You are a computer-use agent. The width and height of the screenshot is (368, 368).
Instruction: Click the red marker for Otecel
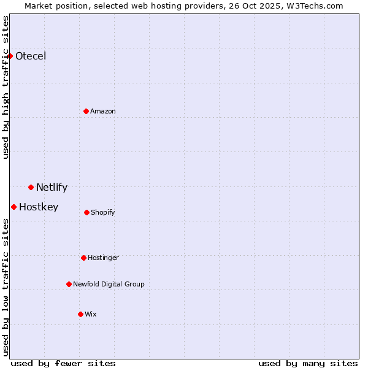pos(10,56)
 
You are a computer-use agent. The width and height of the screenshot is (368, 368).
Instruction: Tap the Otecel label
pos(31,56)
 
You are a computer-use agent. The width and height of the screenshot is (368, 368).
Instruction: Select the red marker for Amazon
pos(86,111)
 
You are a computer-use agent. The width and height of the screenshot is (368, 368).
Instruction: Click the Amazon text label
pos(103,111)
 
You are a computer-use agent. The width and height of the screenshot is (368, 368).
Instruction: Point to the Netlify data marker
pos(31,187)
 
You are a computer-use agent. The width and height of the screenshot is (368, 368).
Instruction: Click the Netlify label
pos(52,188)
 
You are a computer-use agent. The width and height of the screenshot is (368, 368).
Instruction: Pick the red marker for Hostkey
pos(14,207)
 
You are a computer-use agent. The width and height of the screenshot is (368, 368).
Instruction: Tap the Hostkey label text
pos(39,207)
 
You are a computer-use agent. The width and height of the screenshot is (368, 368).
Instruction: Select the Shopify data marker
pos(87,212)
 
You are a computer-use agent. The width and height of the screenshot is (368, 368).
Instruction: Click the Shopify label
pos(103,212)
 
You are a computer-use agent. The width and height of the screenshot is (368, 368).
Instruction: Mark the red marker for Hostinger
pos(84,258)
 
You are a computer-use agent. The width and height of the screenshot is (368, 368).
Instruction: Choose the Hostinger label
pos(103,258)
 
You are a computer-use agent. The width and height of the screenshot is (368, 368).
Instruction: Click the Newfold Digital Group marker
pos(69,284)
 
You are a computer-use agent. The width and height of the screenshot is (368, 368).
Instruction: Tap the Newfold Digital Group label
pos(109,284)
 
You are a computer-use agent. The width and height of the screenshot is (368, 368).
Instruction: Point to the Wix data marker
pos(80,314)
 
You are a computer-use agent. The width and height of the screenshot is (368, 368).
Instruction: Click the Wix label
pos(91,314)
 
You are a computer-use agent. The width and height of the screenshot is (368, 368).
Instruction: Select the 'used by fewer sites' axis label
pos(63,363)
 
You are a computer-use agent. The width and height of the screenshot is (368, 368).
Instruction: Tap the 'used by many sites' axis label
pos(308,363)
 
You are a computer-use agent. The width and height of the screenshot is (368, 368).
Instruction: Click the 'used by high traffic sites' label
pos(6,87)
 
